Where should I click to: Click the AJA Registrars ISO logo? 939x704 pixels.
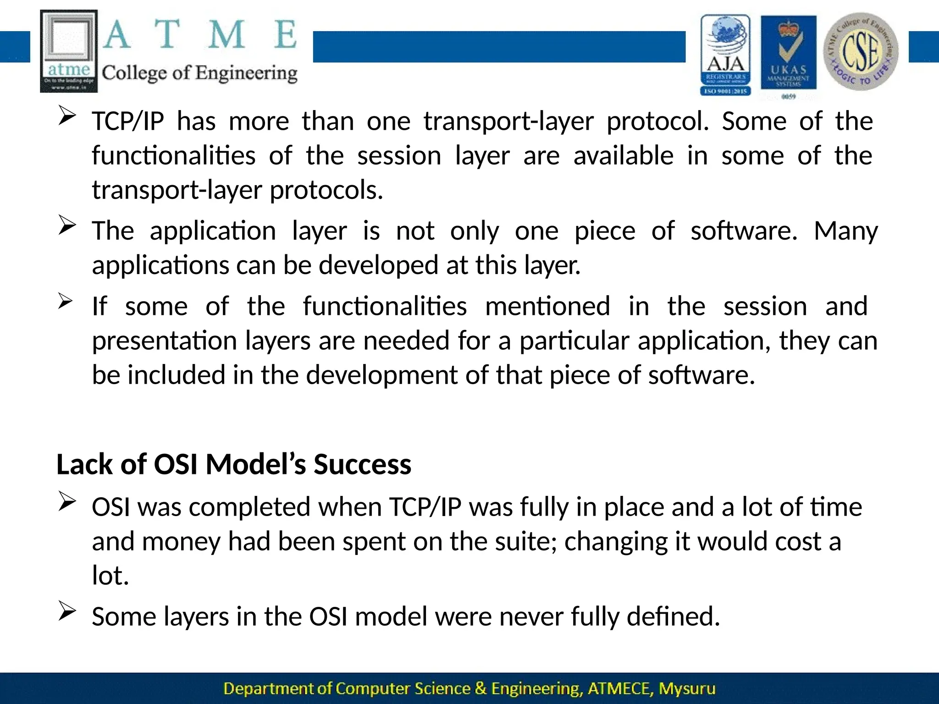pyautogui.click(x=725, y=55)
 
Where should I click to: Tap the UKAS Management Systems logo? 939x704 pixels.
pyautogui.click(x=789, y=56)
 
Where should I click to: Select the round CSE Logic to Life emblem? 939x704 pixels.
pyautogui.click(x=861, y=51)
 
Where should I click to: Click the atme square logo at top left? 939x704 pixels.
pyautogui.click(x=69, y=51)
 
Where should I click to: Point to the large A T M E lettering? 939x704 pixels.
pyautogui.click(x=200, y=35)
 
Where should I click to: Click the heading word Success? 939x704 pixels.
pyautogui.click(x=362, y=464)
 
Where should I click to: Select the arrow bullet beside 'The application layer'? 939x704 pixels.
pyautogui.click(x=67, y=226)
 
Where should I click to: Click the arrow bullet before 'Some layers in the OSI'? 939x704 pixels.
pyautogui.click(x=67, y=612)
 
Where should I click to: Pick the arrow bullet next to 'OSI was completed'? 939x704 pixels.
pyautogui.click(x=67, y=502)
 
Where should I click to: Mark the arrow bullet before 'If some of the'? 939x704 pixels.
pyautogui.click(x=66, y=302)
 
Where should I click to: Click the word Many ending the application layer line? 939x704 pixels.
pyautogui.click(x=846, y=231)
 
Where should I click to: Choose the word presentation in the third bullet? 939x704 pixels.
pyautogui.click(x=165, y=341)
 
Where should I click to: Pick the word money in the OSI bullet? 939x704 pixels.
pyautogui.click(x=181, y=541)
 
